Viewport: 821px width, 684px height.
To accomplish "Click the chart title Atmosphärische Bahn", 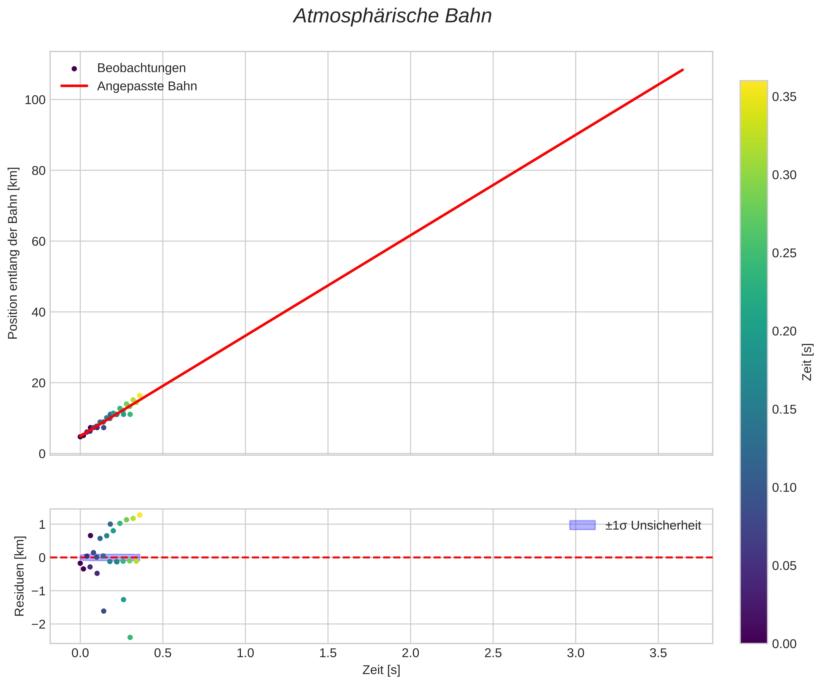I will pos(392,16).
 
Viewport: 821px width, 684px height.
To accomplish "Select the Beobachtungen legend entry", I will pos(141,68).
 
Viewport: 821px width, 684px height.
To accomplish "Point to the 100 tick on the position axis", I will pos(35,100).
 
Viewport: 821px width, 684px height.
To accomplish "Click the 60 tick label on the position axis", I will pos(38,242).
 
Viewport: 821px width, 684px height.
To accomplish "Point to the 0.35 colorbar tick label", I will pos(784,97).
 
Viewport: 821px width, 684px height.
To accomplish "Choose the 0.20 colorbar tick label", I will pos(784,331).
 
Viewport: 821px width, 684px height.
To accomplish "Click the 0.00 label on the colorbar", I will pos(784,644).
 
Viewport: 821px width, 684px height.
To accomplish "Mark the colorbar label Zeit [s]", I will pos(807,362).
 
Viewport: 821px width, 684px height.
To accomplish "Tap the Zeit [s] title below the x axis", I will pos(381,670).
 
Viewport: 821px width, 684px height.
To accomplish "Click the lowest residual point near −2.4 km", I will pos(130,637).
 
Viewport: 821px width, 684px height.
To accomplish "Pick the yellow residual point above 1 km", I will pos(140,515).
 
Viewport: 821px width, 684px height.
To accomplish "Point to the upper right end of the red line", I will pos(683,70).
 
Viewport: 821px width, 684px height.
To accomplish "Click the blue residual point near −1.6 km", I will pos(104,611).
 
